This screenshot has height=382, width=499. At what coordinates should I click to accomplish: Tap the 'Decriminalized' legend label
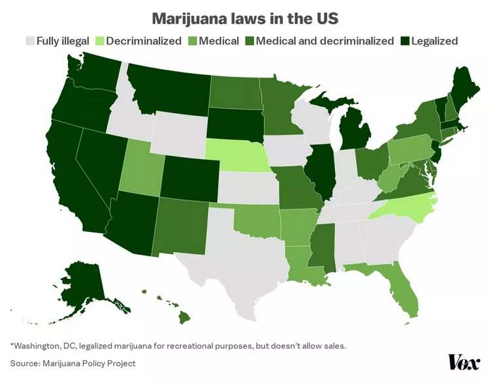click(x=144, y=41)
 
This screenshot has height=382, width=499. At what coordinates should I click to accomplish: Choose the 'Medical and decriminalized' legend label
click(x=325, y=41)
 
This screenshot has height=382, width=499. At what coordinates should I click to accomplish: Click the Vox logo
click(x=464, y=362)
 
